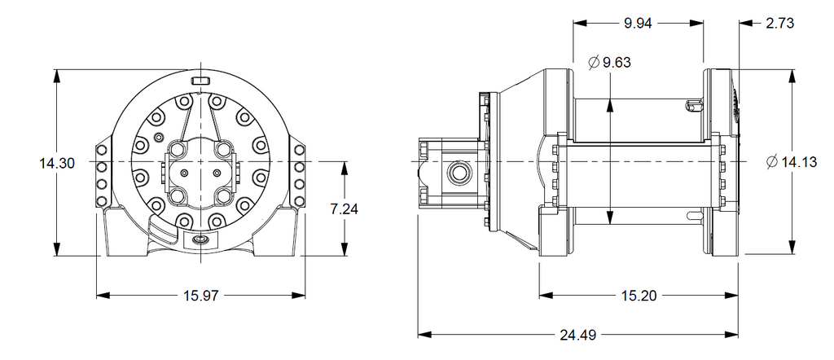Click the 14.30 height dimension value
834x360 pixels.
tap(56, 163)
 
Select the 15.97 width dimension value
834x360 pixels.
tap(201, 296)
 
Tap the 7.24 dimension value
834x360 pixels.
tap(345, 209)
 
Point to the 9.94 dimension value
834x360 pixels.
tap(638, 24)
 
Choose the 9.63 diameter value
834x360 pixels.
tap(617, 62)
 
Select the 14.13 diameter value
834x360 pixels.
tap(799, 162)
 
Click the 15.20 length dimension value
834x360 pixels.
tap(639, 296)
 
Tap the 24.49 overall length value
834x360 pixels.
tap(577, 335)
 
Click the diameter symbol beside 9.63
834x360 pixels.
tap(594, 62)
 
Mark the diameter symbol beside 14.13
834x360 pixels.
tap(773, 162)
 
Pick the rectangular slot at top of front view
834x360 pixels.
tap(200, 81)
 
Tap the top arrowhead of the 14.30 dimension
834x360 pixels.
tap(56, 77)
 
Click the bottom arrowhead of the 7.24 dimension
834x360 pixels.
tap(345, 249)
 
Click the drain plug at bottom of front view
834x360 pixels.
tap(200, 240)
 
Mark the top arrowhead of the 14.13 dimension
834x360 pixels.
tap(792, 76)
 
